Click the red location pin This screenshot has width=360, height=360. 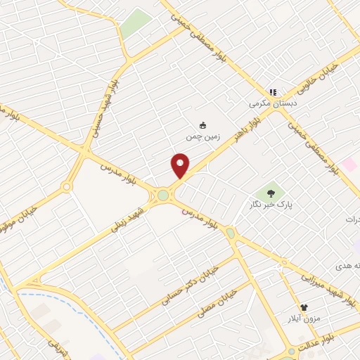tap(180, 165)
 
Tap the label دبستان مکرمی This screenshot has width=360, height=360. tap(274, 103)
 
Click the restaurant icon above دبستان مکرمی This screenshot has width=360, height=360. tap(274, 92)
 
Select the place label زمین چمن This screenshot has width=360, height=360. tap(203, 137)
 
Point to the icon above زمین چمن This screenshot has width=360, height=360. tap(203, 125)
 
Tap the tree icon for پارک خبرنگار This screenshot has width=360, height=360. tap(271, 192)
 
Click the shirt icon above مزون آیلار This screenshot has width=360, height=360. tap(304, 308)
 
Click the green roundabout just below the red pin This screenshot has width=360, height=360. tap(164, 195)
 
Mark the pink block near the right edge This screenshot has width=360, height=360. tap(349, 165)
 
